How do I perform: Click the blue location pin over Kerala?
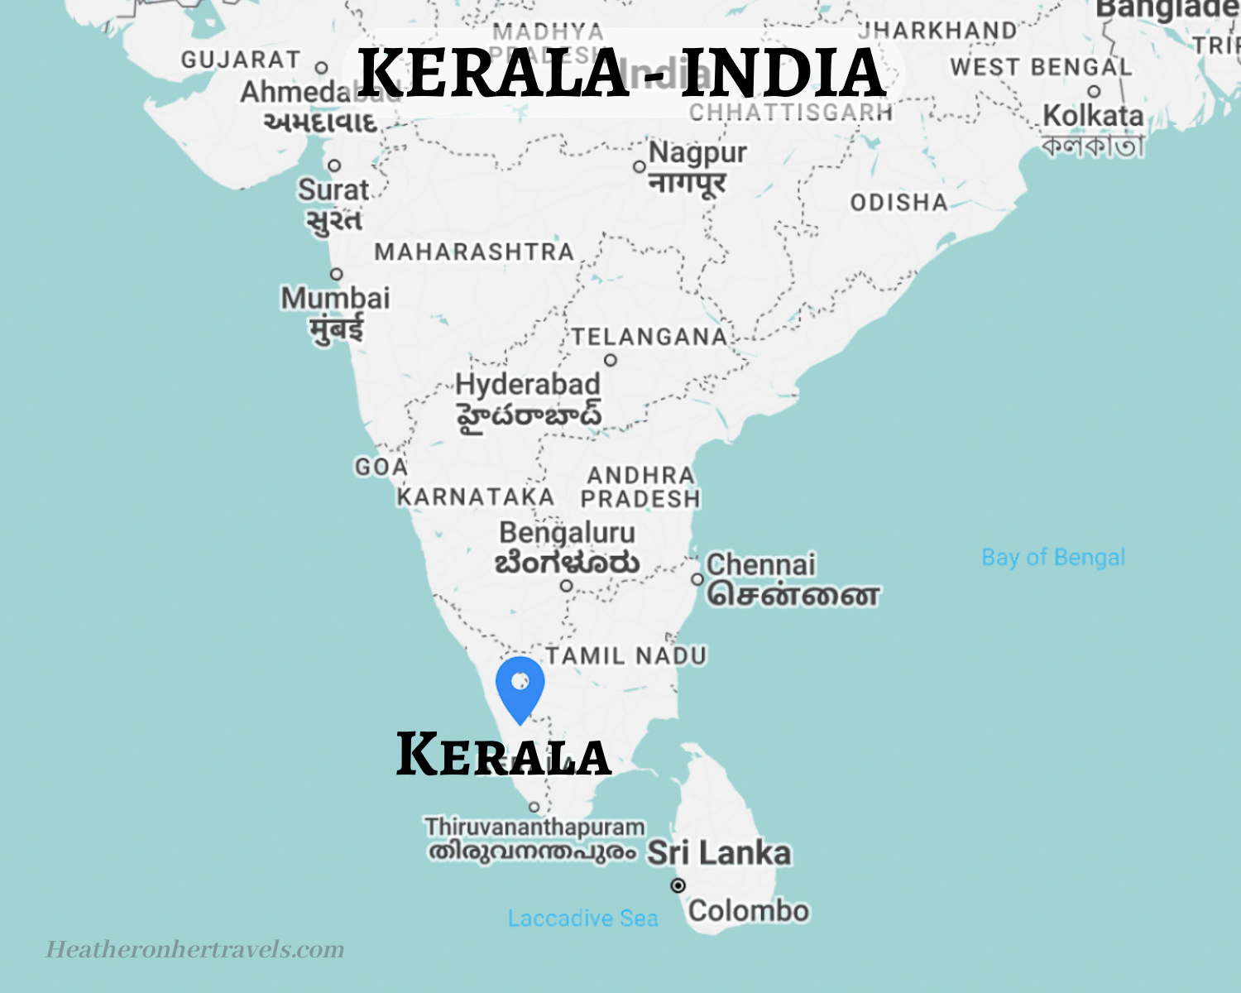[x=520, y=687]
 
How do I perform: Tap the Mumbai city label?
[x=335, y=299]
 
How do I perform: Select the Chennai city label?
[x=760, y=565]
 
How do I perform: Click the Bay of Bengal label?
[x=1053, y=557]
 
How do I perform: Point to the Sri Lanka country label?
[x=719, y=853]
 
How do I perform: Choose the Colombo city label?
[x=748, y=911]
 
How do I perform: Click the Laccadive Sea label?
[x=582, y=919]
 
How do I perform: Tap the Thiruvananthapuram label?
[x=534, y=827]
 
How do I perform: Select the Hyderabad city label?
[x=528, y=385]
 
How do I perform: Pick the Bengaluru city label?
[x=567, y=533]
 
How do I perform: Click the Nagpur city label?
[x=697, y=153]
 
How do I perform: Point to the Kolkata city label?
[x=1092, y=116]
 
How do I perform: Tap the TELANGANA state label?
[x=649, y=337]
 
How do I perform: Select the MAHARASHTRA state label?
[x=474, y=252]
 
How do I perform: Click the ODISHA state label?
[x=898, y=203]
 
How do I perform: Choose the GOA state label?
[x=381, y=468]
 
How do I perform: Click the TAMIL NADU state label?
[x=626, y=656]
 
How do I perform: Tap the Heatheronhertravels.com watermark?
[x=195, y=949]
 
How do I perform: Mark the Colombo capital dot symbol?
[x=678, y=885]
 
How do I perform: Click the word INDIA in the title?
[x=783, y=73]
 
